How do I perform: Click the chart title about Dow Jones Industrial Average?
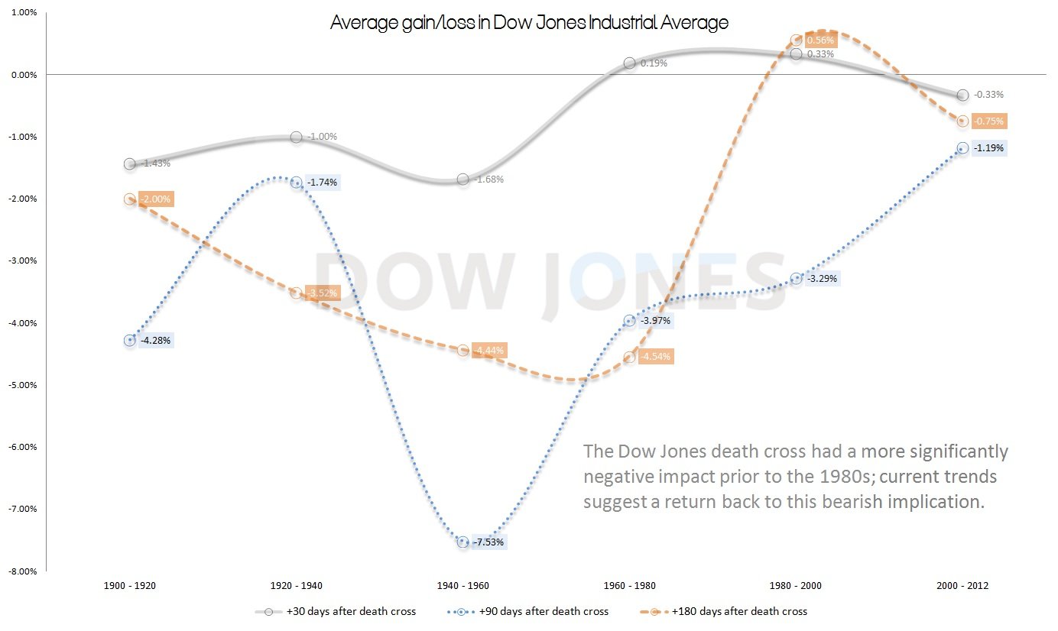click(x=529, y=23)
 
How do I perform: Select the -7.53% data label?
click(x=488, y=542)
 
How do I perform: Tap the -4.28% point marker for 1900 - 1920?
click(x=129, y=341)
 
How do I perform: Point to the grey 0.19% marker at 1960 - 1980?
click(x=629, y=63)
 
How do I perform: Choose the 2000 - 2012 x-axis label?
click(x=962, y=586)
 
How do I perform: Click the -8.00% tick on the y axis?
click(x=22, y=571)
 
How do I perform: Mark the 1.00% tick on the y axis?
click(x=24, y=12)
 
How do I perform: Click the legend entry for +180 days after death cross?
click(x=722, y=611)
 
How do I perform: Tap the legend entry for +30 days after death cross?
click(x=336, y=611)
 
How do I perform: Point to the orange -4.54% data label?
click(x=656, y=357)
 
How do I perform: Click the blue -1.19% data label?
click(x=988, y=149)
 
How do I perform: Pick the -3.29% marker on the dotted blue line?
click(x=796, y=279)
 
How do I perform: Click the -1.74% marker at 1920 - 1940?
click(x=296, y=183)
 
